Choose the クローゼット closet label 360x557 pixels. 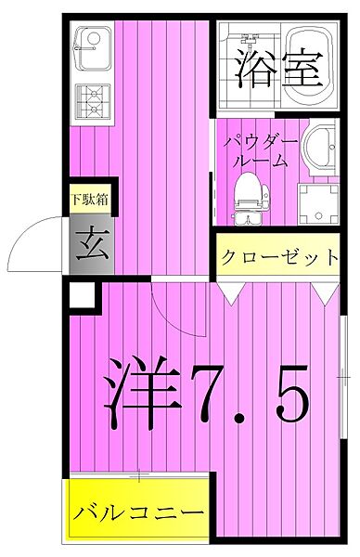click(279, 257)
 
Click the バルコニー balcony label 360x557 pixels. click(140, 513)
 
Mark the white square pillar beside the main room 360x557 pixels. click(83, 295)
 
